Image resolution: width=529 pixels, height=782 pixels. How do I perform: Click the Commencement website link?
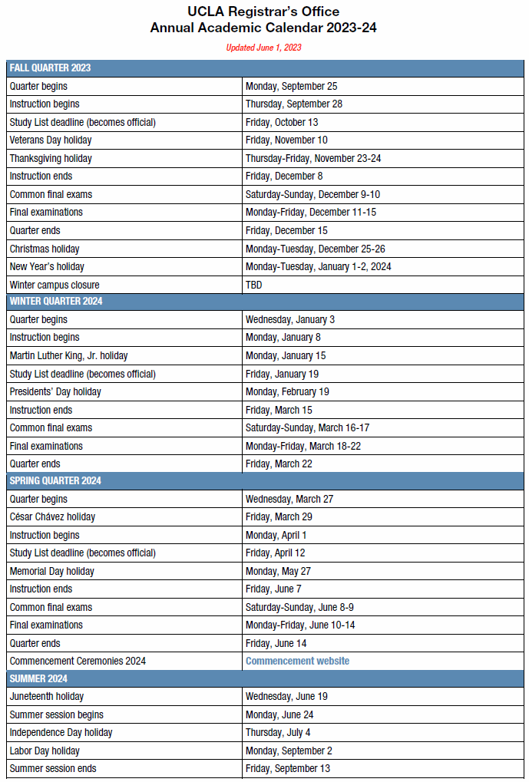pos(297,661)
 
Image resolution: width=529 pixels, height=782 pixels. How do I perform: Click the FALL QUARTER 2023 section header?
pos(50,68)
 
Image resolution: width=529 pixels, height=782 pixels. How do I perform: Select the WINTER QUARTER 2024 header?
pos(56,301)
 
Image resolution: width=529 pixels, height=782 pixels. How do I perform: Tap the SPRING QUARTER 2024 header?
pos(56,480)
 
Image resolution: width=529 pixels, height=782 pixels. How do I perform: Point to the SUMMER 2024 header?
pos(38,678)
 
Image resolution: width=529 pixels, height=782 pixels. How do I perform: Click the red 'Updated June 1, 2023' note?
pos(263,48)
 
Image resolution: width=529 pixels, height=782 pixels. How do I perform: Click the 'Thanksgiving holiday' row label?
pos(51,158)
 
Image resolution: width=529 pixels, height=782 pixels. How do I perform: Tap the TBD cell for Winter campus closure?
pos(254,285)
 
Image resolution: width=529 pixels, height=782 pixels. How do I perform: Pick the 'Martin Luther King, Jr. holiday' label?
pos(69,355)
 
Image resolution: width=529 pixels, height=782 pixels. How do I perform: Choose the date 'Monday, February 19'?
pos(287,391)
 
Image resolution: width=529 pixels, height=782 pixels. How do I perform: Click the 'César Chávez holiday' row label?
pos(52,516)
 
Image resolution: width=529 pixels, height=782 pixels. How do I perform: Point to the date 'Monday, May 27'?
pos(277,571)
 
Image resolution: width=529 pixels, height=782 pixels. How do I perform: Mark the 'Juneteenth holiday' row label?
pos(47,696)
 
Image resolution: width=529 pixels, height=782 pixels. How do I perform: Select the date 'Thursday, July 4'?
pos(278,732)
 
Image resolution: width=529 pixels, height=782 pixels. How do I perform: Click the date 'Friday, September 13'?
pos(288,768)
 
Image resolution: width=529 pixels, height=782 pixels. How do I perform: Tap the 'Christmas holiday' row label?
pos(45,249)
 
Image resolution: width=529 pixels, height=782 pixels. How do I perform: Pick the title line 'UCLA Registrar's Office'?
pos(263,12)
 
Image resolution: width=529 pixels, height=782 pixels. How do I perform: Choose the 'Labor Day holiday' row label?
pos(45,751)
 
